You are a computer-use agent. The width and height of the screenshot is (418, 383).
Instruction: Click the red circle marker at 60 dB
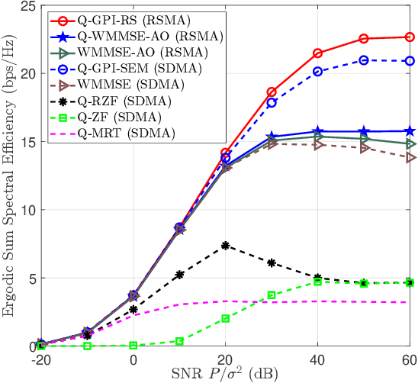(x=410, y=37)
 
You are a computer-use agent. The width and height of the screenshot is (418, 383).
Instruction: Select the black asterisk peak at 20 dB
(x=225, y=246)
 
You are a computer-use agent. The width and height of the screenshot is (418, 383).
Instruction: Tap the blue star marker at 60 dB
(x=410, y=131)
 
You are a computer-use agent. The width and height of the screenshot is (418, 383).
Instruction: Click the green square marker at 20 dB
(x=225, y=319)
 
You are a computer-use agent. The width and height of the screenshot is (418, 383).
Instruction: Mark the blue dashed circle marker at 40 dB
(x=317, y=72)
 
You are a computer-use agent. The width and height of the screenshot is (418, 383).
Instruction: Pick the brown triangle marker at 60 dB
(x=410, y=157)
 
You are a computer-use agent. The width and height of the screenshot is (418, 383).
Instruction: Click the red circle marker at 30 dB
(x=271, y=92)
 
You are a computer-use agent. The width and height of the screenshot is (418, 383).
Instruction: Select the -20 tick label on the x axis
(x=40, y=357)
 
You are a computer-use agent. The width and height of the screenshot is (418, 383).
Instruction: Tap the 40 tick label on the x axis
(x=317, y=357)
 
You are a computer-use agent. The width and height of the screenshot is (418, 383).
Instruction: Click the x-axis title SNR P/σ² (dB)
(x=225, y=372)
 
